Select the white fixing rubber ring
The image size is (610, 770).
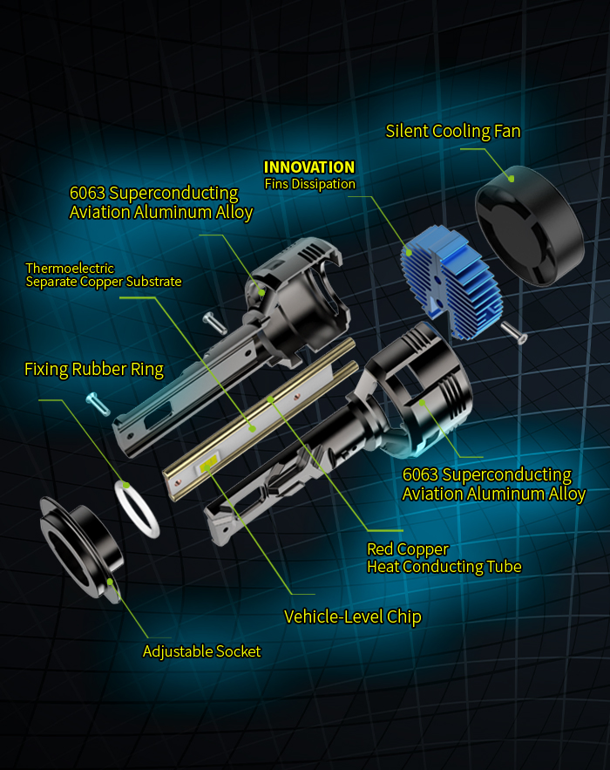(138, 508)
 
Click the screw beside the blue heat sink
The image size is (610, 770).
(515, 332)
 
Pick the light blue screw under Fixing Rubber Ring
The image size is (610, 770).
(97, 404)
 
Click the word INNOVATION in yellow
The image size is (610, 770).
(309, 167)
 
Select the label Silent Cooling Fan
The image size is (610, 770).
(453, 132)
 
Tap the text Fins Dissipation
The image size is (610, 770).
(310, 184)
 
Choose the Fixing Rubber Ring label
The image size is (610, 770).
(94, 370)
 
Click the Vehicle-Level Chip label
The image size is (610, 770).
(353, 617)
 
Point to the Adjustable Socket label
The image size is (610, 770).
(201, 651)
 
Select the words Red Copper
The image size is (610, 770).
(408, 549)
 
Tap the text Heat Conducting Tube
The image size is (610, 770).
(444, 567)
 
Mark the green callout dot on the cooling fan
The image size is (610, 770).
(512, 178)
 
